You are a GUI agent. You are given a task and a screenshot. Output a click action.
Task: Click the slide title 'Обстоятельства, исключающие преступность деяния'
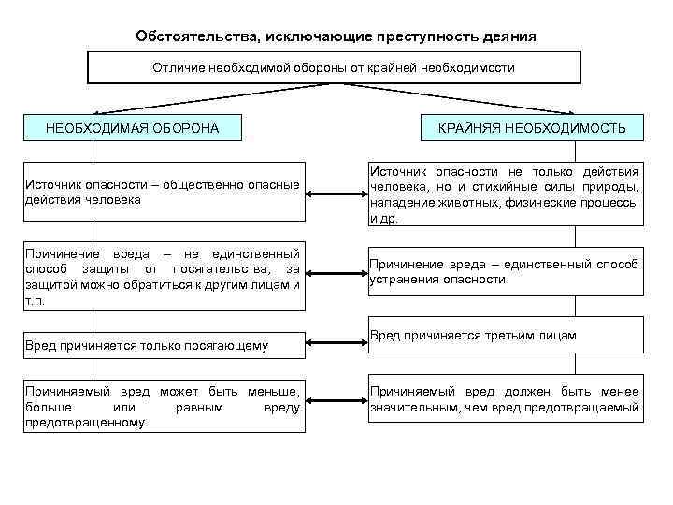[336, 36]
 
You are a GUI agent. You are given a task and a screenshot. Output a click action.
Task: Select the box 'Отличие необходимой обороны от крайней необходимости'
[334, 67]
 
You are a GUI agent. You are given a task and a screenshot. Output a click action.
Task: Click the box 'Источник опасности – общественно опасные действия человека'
[165, 193]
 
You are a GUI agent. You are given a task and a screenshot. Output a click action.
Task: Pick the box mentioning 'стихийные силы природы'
[505, 195]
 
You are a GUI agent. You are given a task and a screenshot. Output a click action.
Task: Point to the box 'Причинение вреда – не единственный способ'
[165, 278]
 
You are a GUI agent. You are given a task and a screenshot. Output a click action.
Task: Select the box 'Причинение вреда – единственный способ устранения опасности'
[505, 271]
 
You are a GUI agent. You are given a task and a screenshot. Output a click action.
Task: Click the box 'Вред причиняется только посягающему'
[165, 346]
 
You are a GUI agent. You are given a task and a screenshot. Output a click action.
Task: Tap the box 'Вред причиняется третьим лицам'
[505, 335]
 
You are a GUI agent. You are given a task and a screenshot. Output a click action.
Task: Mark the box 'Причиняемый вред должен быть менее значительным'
[505, 400]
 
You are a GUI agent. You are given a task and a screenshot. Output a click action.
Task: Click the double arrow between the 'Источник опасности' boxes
[336, 195]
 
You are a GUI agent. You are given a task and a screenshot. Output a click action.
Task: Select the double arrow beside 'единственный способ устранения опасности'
[336, 274]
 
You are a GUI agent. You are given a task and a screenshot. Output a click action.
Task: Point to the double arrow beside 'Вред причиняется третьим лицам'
[336, 341]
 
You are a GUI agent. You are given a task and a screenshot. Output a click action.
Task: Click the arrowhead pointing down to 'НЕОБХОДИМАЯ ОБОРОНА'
[27, 110]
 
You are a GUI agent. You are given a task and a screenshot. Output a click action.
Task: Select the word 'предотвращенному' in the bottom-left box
[85, 423]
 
